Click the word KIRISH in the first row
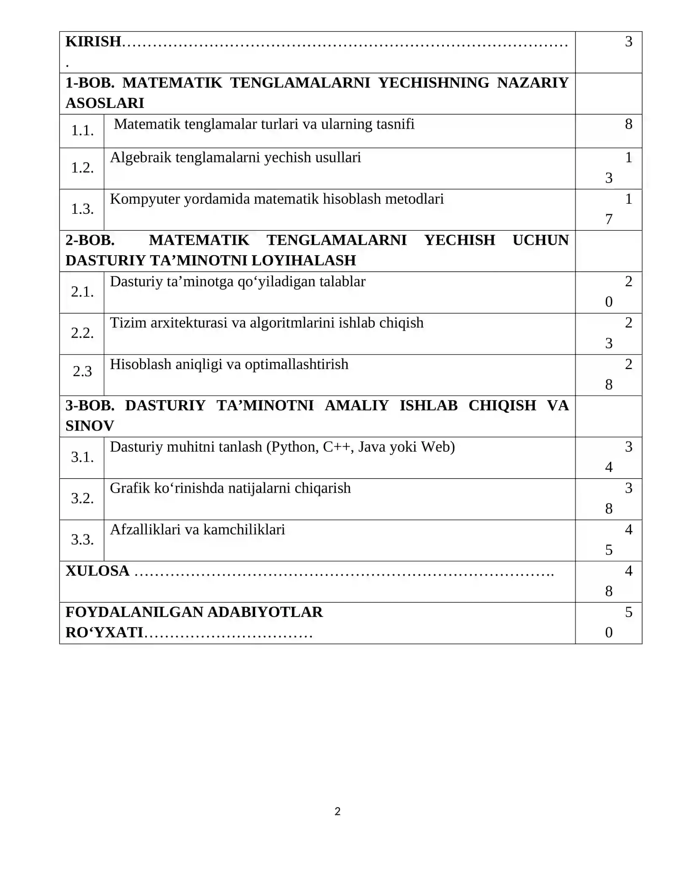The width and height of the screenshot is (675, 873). pyautogui.click(x=93, y=41)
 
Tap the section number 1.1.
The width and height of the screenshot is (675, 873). pyautogui.click(x=82, y=131)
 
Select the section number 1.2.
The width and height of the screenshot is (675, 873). pyautogui.click(x=82, y=168)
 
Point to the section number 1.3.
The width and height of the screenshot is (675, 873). pyautogui.click(x=82, y=209)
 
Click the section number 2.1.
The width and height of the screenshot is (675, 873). pyautogui.click(x=82, y=291)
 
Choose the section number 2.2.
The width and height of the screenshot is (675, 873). pyautogui.click(x=82, y=333)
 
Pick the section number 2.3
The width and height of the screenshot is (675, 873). pyautogui.click(x=82, y=371)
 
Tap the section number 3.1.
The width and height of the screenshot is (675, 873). pyautogui.click(x=82, y=457)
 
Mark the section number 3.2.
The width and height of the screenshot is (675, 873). pyautogui.click(x=82, y=498)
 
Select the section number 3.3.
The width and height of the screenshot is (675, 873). pyautogui.click(x=82, y=539)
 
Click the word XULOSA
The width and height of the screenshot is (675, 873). pyautogui.click(x=97, y=571)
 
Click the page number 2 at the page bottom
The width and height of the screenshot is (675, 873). pyautogui.click(x=337, y=811)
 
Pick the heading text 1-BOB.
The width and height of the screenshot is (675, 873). pyautogui.click(x=90, y=83)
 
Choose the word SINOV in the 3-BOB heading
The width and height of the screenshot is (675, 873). pyautogui.click(x=90, y=426)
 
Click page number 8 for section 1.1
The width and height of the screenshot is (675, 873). pyautogui.click(x=629, y=124)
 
